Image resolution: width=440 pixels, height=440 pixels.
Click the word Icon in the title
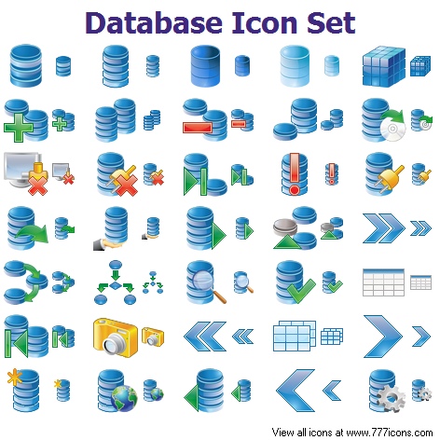click(265, 22)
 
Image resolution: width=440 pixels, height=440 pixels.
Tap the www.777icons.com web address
click(390, 433)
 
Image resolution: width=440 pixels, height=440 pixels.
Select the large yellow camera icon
click(116, 337)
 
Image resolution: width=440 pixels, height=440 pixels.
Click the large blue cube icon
click(384, 66)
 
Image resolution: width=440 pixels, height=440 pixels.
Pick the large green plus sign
click(19, 128)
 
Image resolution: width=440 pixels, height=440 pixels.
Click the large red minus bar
click(198, 128)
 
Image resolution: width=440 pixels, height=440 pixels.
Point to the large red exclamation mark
click(295, 173)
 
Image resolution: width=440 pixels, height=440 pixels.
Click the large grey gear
click(391, 398)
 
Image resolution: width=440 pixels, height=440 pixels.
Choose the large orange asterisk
click(15, 377)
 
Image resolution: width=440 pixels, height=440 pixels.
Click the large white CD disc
click(393, 129)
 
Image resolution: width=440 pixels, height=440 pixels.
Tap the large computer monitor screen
click(21, 168)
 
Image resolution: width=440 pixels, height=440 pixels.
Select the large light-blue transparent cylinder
click(295, 66)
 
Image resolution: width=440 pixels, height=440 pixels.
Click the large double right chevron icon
click(384, 227)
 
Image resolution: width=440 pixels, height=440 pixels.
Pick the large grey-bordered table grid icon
click(384, 282)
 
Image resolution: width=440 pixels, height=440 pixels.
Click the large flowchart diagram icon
click(116, 282)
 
